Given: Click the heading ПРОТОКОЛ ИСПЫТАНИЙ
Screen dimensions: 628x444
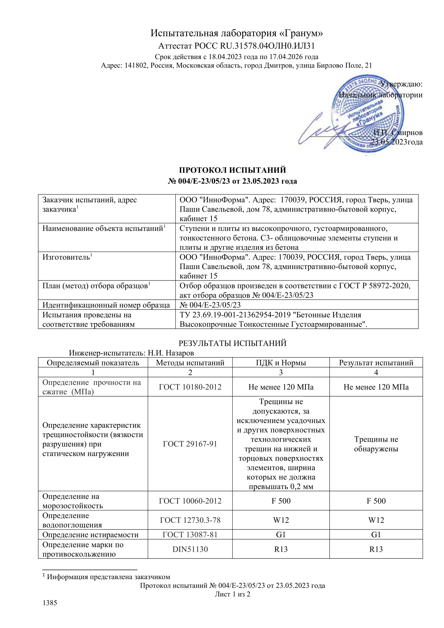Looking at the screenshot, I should (x=232, y=170).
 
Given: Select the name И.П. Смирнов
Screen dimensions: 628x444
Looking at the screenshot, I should (x=398, y=133).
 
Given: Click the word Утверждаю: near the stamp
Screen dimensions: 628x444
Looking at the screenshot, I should (x=401, y=84).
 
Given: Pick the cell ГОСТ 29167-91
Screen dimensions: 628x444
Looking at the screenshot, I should (x=190, y=444).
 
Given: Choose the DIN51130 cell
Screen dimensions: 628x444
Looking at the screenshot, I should (x=190, y=549).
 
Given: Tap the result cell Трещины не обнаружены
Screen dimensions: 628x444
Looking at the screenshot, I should (x=376, y=444).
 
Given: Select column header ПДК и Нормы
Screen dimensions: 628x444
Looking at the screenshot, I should (x=281, y=363).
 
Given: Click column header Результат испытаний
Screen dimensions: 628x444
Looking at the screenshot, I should (x=376, y=363).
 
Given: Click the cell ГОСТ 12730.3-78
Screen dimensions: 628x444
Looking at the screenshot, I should (x=190, y=520).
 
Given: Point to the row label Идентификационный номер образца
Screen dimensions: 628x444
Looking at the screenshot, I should (x=106, y=305).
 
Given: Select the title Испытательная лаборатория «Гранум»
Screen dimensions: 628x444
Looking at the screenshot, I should (x=236, y=33).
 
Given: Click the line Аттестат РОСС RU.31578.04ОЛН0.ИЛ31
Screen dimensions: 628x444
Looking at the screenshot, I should (x=236, y=46).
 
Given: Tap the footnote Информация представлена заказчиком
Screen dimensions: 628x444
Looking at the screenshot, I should (x=108, y=576).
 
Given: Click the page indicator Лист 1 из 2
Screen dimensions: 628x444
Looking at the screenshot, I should (x=232, y=594).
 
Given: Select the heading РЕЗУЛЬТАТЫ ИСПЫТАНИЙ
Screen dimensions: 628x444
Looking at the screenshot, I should (x=232, y=343).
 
